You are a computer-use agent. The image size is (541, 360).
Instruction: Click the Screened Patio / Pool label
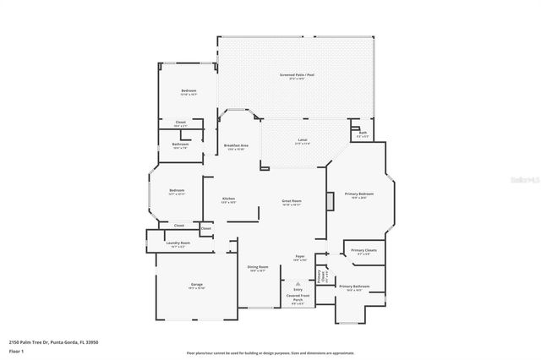click(297, 75)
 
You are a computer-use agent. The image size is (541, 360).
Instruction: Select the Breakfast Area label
click(235, 145)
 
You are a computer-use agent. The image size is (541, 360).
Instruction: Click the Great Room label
click(292, 201)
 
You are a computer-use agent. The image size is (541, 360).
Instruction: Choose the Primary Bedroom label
click(358, 194)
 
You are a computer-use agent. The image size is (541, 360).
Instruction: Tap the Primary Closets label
click(363, 251)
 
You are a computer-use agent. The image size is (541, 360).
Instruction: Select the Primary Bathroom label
click(356, 286)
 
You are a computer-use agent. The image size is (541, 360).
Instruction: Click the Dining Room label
click(257, 268)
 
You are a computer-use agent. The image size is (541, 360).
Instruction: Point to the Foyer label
click(299, 256)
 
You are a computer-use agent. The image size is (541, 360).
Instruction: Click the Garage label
click(196, 286)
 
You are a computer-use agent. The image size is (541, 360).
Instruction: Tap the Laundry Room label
click(178, 243)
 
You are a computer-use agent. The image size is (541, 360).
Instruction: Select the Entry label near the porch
click(298, 289)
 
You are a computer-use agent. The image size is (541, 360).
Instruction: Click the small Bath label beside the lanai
click(362, 133)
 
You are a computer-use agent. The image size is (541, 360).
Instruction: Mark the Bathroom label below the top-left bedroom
click(180, 145)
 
